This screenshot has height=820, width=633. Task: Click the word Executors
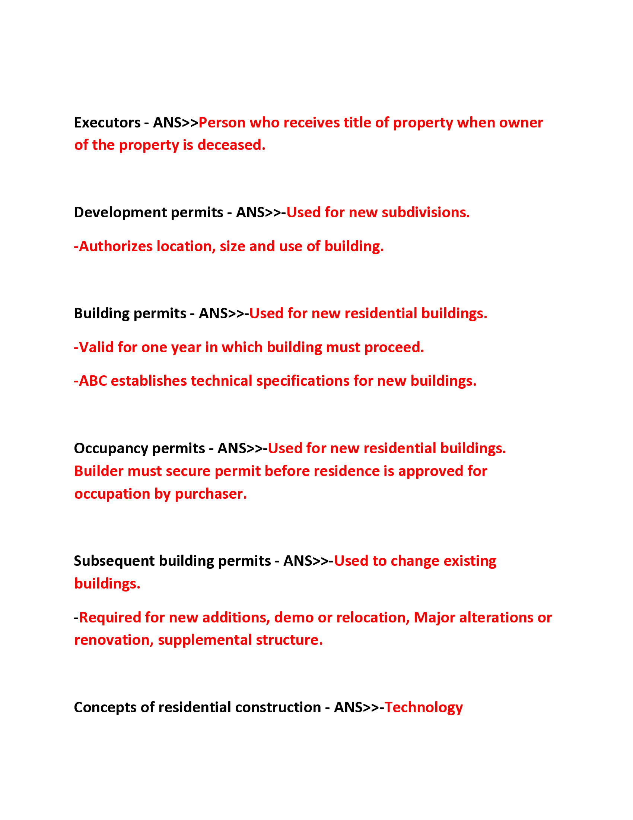[107, 123]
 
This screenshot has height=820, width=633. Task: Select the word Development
[120, 212]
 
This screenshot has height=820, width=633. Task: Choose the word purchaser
[211, 494]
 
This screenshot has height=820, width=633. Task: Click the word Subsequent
[114, 561]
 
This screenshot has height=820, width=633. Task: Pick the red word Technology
[424, 708]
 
